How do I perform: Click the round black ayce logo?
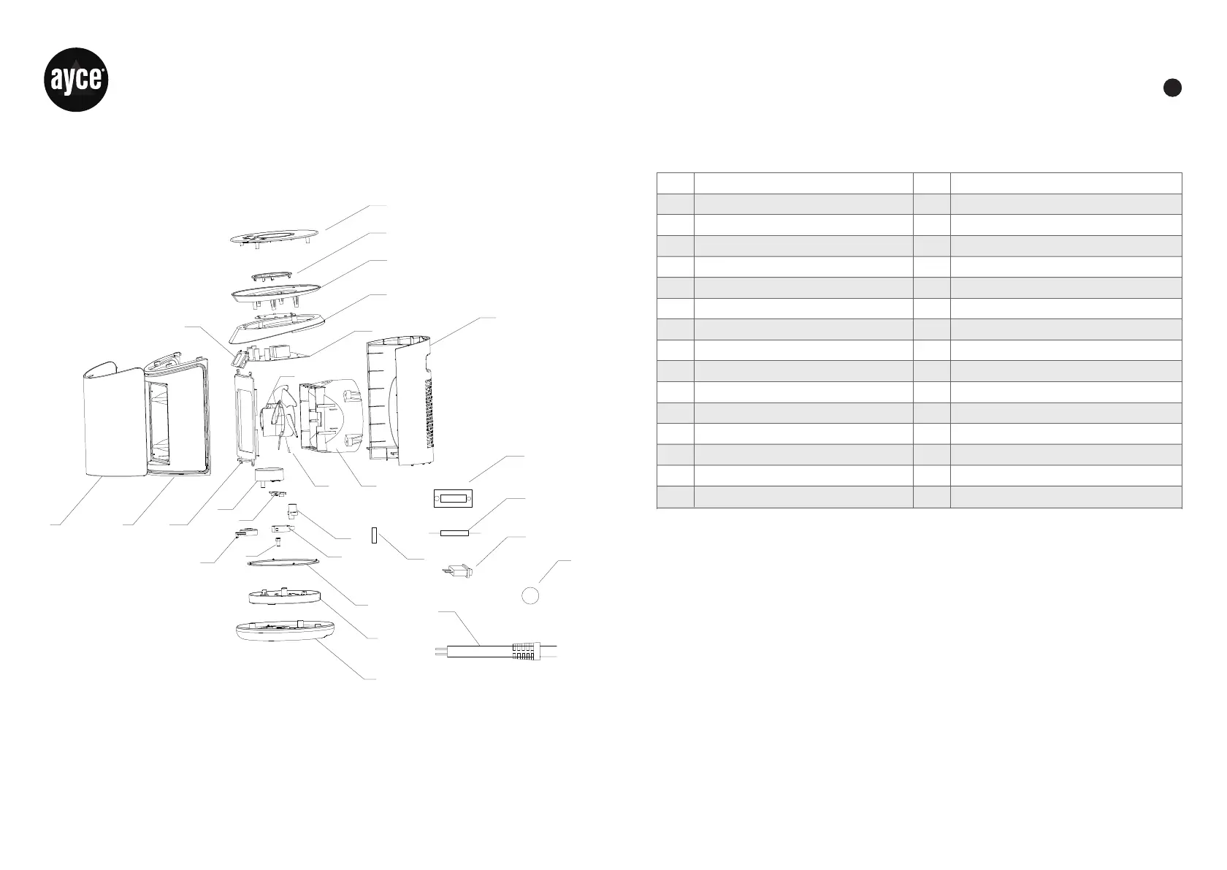(78, 80)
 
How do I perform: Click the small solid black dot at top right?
(1171, 87)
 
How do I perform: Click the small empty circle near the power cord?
(531, 595)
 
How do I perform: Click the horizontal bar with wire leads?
(454, 533)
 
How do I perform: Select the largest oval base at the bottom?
(286, 633)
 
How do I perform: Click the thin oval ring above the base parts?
(283, 561)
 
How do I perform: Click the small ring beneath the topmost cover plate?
(272, 275)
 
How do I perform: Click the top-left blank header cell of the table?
(675, 183)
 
